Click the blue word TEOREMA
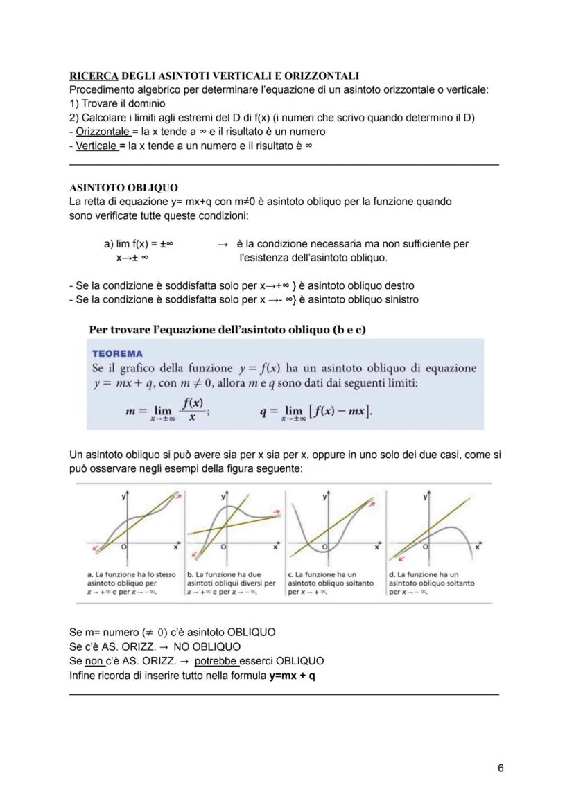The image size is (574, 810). (117, 353)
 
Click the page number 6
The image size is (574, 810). (501, 768)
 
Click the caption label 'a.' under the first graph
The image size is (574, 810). (91, 574)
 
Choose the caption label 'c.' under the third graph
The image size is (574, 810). (290, 574)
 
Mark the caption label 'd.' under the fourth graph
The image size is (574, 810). (392, 574)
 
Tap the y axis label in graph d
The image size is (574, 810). (424, 497)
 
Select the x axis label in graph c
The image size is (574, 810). (376, 547)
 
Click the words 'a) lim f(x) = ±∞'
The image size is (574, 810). (138, 244)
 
